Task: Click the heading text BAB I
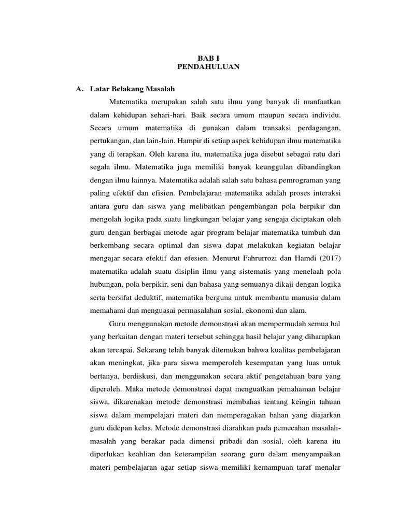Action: click(x=208, y=58)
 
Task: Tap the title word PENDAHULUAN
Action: click(x=208, y=67)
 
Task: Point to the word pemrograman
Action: click(x=298, y=180)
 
